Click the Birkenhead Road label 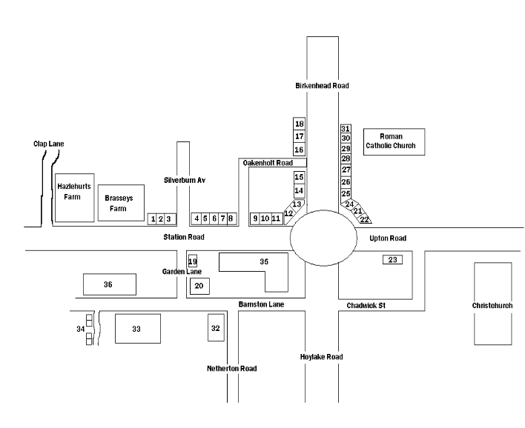[x=322, y=86]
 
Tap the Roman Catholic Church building [x=394, y=141]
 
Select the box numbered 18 [x=299, y=124]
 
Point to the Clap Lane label [x=48, y=144]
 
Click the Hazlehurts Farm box [x=74, y=198]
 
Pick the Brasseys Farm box [x=121, y=203]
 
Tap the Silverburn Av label [x=185, y=180]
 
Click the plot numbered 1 [x=152, y=219]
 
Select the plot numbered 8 [x=231, y=218]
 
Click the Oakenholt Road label [x=268, y=163]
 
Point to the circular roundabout [x=323, y=238]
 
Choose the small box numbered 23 [x=392, y=260]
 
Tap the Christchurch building [x=493, y=304]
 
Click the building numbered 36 [x=110, y=284]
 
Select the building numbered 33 [x=138, y=328]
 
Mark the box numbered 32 [x=216, y=328]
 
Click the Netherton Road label [x=231, y=369]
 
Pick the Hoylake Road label [x=321, y=357]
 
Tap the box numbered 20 [x=199, y=287]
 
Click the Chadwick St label [x=366, y=306]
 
